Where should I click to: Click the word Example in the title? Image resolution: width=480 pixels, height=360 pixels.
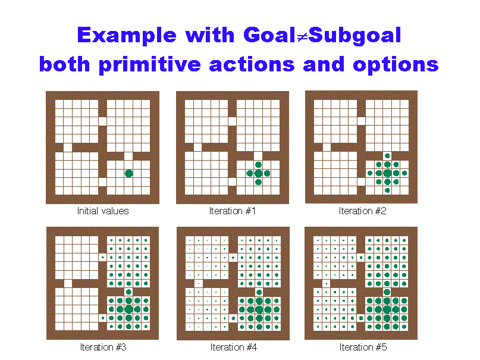(127, 36)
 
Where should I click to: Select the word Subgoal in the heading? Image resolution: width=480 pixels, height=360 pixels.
(355, 36)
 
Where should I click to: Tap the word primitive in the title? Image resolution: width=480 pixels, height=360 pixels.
(150, 65)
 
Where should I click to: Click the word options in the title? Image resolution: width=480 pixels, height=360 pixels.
(396, 65)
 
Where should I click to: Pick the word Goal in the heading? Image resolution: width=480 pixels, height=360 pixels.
(269, 35)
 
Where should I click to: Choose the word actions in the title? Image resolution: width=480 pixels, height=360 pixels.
(252, 65)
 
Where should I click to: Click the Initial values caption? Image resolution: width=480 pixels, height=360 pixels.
(103, 211)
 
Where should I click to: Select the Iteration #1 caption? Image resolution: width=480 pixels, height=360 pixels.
(233, 211)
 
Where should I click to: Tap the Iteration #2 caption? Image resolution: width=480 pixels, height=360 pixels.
(362, 211)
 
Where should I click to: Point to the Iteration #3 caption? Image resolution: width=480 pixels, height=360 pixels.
(103, 347)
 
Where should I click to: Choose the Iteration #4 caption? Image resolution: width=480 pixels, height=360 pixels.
(234, 347)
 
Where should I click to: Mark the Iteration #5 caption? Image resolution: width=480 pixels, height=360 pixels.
(363, 347)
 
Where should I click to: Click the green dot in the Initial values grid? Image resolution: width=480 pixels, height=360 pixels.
(129, 174)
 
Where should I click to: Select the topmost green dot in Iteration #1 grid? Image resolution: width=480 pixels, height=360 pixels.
(258, 165)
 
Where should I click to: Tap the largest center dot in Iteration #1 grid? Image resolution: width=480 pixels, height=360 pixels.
(258, 173)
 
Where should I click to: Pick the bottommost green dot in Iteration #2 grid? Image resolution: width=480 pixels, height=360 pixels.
(387, 190)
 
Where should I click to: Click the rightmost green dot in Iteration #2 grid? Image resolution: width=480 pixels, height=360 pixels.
(404, 173)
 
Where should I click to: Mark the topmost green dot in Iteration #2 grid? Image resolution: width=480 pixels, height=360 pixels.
(387, 156)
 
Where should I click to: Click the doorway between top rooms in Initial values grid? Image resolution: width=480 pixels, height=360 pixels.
(102, 121)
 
